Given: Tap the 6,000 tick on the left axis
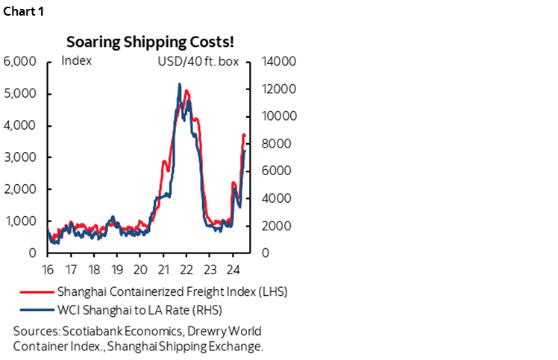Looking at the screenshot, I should point(20,61).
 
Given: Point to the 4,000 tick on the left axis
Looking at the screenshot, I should point(20,125).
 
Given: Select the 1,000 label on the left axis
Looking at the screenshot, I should point(20,221).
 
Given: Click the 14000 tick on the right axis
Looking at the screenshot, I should point(279,61).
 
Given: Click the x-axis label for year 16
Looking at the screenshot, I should point(48,268).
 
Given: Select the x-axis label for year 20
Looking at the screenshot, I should point(140,268).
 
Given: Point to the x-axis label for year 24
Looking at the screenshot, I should point(232,268).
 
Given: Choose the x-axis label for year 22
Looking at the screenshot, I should point(186,268).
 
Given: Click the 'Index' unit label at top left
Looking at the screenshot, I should point(76,61).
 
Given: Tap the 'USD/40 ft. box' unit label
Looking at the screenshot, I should point(198,61).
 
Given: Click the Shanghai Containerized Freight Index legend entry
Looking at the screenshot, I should point(172,291).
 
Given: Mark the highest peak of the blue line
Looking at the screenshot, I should point(179,84).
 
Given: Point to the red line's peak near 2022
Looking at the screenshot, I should point(186,91).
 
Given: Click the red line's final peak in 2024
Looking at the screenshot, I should point(243,135).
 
